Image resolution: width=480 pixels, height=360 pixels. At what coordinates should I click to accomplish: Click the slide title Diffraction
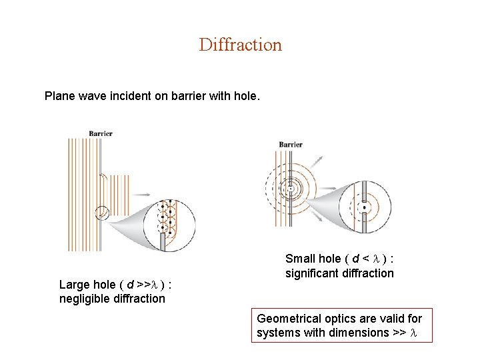pyautogui.click(x=240, y=45)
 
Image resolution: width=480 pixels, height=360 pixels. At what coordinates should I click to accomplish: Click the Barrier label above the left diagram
pyautogui.click(x=101, y=133)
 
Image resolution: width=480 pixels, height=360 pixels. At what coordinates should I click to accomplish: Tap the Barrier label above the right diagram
pyautogui.click(x=291, y=144)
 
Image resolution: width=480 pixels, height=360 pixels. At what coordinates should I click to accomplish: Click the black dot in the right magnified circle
pyautogui.click(x=364, y=207)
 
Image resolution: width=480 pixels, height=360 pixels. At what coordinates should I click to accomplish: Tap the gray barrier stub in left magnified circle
pyautogui.click(x=162, y=240)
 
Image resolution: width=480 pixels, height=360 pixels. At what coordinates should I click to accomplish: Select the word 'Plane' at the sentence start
pyautogui.click(x=59, y=96)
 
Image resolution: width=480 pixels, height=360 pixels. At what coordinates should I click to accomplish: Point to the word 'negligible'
pyautogui.click(x=83, y=299)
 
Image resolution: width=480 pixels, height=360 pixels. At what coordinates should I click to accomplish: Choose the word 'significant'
pyautogui.click(x=311, y=273)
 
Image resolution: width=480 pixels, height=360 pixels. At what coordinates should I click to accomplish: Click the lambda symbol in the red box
pyautogui.click(x=414, y=333)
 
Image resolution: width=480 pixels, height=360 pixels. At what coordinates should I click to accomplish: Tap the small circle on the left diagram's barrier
pyautogui.click(x=101, y=212)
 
